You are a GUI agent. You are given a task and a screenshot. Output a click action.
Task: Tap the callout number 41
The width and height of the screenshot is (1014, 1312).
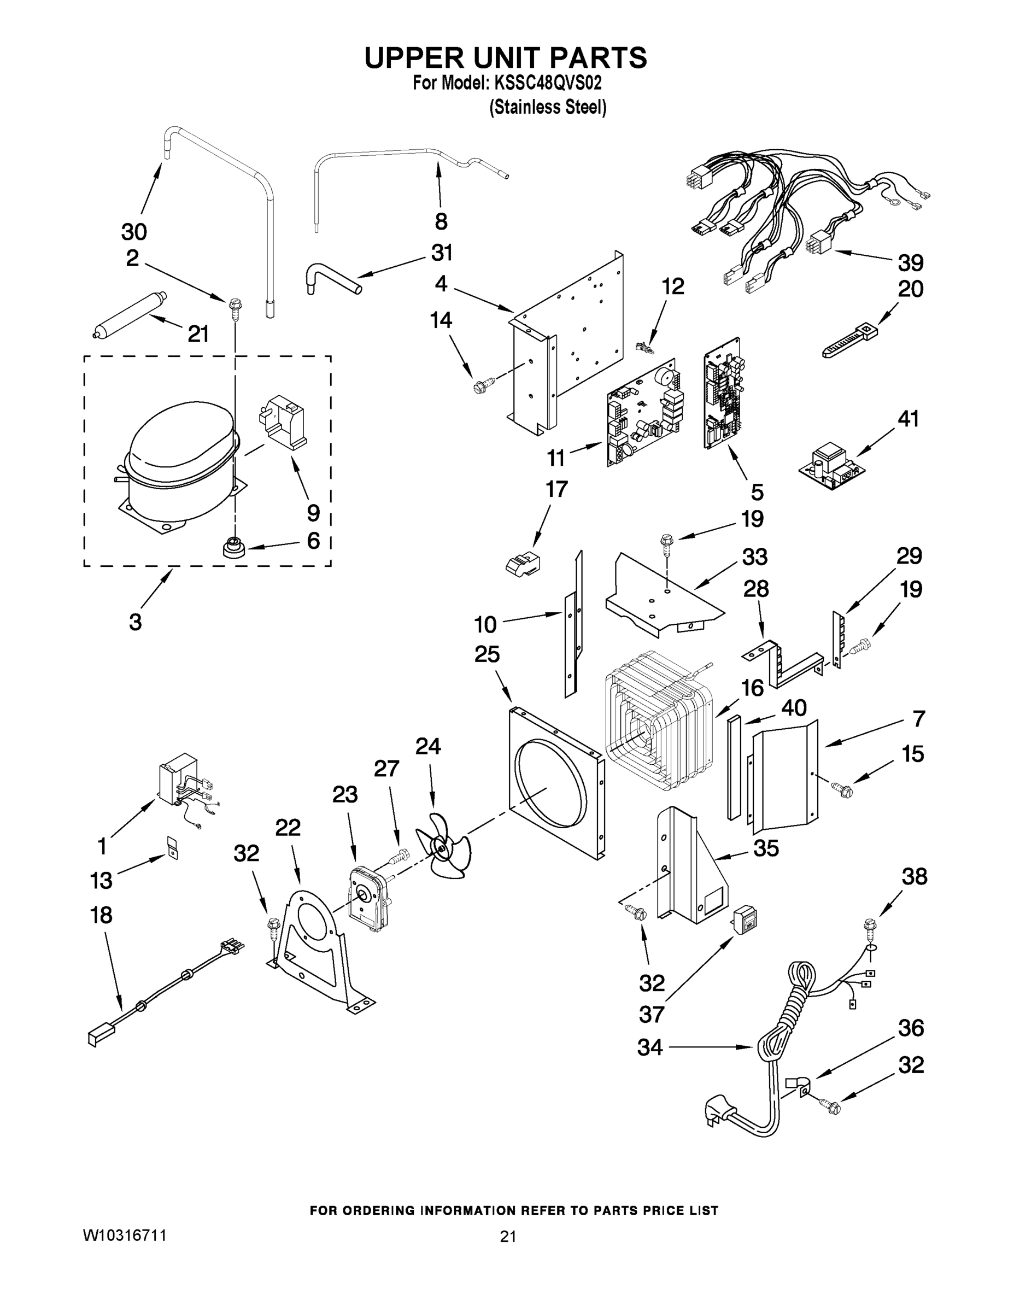pyautogui.click(x=909, y=418)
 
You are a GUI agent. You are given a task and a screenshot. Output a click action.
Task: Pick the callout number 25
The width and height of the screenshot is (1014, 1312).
pyautogui.click(x=487, y=654)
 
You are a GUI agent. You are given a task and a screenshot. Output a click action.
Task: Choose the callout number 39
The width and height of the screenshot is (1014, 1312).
pyautogui.click(x=911, y=262)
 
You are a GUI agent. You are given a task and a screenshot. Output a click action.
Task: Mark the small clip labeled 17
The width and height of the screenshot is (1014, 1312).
pyautogui.click(x=521, y=564)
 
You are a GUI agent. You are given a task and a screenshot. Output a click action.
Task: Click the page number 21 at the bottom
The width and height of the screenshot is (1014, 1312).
pyautogui.click(x=508, y=1237)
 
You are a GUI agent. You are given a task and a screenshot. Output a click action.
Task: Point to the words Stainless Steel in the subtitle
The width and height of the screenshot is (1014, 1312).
pyautogui.click(x=547, y=108)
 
